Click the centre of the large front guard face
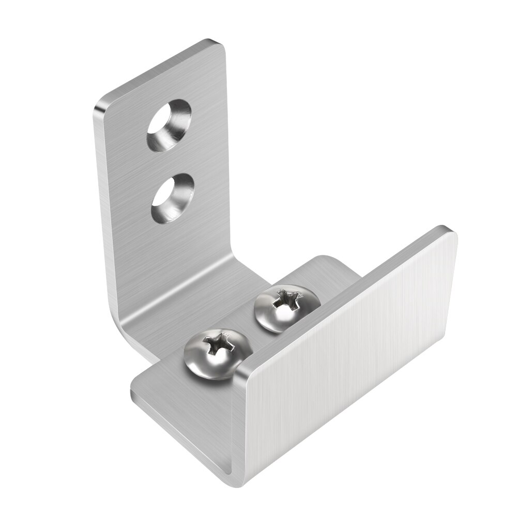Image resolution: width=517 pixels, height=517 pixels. coord(352,357)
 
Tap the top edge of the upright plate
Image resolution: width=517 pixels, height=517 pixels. coord(160,70)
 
